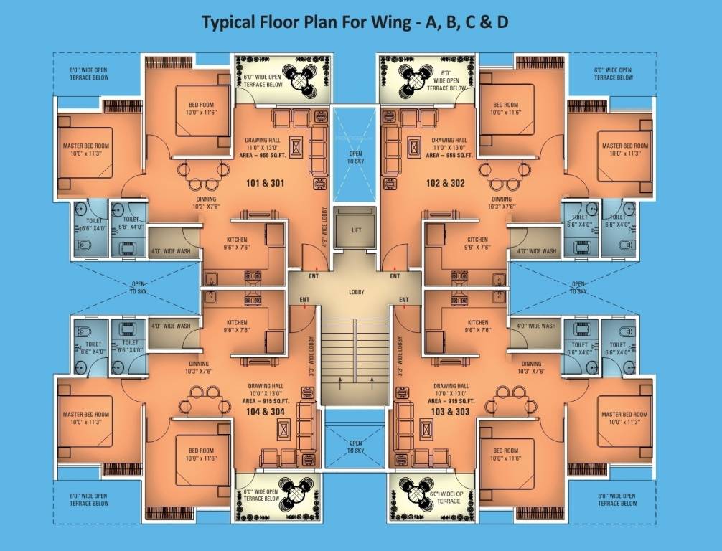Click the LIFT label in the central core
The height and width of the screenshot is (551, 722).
pos(357,230)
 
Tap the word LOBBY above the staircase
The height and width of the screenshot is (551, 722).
pos(357,292)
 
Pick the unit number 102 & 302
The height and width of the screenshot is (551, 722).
pos(445,183)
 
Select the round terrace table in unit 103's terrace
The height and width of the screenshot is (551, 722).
pos(413,494)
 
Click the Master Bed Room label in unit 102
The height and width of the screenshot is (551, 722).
pos(624,149)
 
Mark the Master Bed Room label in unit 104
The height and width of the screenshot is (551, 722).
pos(85,418)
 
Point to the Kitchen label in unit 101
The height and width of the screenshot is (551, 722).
pos(237,243)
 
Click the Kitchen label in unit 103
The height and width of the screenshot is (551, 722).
pos(477,326)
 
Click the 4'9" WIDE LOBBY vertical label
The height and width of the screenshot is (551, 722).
pos(324,223)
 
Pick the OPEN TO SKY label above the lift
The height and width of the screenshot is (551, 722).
pos(355,157)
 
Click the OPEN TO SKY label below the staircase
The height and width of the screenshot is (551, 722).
pos(355,446)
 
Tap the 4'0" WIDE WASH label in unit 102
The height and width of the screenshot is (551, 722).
pos(536,251)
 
